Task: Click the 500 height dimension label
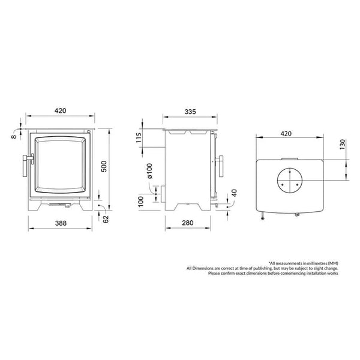coord(104,166)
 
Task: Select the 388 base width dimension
coord(61,223)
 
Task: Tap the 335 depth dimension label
coord(190,112)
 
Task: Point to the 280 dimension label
coord(188,223)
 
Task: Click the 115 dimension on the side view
coord(139,137)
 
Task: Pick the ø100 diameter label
coord(149,171)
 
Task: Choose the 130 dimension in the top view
coord(343,145)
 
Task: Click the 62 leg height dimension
coord(106,219)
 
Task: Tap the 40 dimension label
coord(235,193)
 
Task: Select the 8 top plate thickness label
coord(14,137)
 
